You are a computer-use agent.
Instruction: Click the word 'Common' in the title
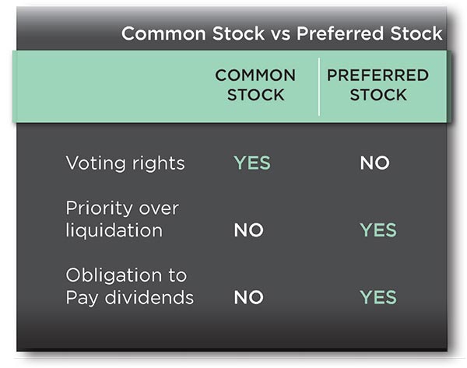click(x=163, y=33)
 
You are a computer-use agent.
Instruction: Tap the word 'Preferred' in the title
click(x=340, y=33)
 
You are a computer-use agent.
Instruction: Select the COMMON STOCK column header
click(x=255, y=85)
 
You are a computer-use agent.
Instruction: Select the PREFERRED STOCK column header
click(x=377, y=85)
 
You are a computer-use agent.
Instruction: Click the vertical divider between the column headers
click(x=319, y=86)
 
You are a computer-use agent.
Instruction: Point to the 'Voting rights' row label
click(x=125, y=163)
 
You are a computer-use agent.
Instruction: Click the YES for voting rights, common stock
click(x=252, y=163)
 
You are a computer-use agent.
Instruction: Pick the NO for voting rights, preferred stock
click(x=374, y=163)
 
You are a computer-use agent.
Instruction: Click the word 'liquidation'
click(x=114, y=230)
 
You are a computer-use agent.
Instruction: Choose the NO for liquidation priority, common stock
click(x=249, y=230)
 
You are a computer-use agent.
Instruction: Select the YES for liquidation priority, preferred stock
click(x=378, y=230)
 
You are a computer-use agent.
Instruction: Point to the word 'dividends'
click(x=149, y=297)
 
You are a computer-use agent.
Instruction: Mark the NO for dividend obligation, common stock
click(x=249, y=297)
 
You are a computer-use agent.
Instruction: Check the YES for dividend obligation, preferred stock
click(x=378, y=297)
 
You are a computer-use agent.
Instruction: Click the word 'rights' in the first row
click(x=159, y=163)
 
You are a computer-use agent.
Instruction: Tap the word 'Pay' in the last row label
click(x=82, y=299)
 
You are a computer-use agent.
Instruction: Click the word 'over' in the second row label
click(x=159, y=209)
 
